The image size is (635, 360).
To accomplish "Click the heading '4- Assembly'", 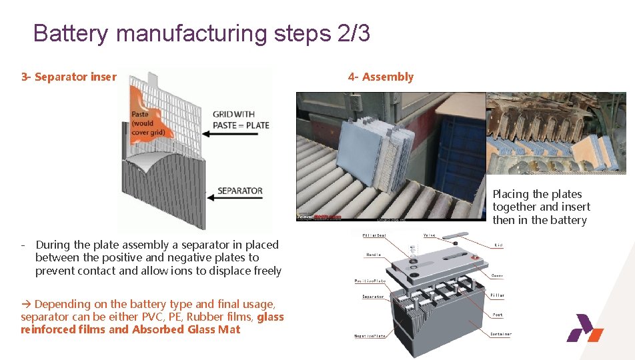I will click(380, 77).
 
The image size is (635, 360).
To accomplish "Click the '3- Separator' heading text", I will click(69, 77).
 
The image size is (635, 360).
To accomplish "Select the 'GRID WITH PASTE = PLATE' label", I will click(241, 119).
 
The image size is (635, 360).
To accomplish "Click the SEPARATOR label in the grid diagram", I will click(240, 191).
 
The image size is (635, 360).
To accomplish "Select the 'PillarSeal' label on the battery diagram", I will click(374, 235).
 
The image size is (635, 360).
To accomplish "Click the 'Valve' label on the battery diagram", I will click(430, 235).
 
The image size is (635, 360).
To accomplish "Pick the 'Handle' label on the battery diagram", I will click(373, 255).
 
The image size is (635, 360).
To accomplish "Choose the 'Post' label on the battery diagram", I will click(498, 315).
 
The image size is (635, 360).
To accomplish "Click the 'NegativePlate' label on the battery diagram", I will click(370, 335).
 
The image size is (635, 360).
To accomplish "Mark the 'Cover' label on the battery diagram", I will click(498, 274).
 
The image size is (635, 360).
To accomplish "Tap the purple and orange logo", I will click(584, 328).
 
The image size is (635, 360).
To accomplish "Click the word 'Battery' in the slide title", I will click(71, 33).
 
